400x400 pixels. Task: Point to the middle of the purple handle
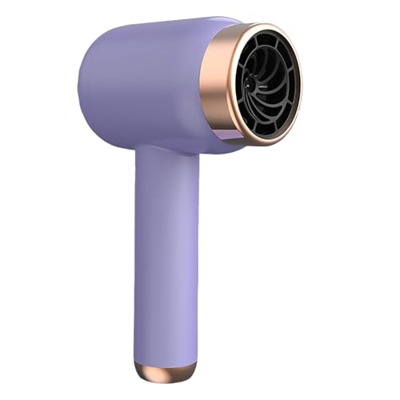point(166,256)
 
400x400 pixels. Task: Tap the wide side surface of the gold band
point(212,88)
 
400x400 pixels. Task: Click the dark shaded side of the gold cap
point(186,372)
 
